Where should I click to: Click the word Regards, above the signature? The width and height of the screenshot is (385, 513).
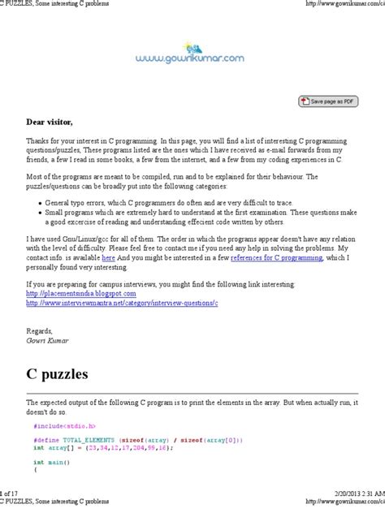[x=40, y=355]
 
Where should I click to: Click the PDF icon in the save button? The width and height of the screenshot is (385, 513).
[x=305, y=101]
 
